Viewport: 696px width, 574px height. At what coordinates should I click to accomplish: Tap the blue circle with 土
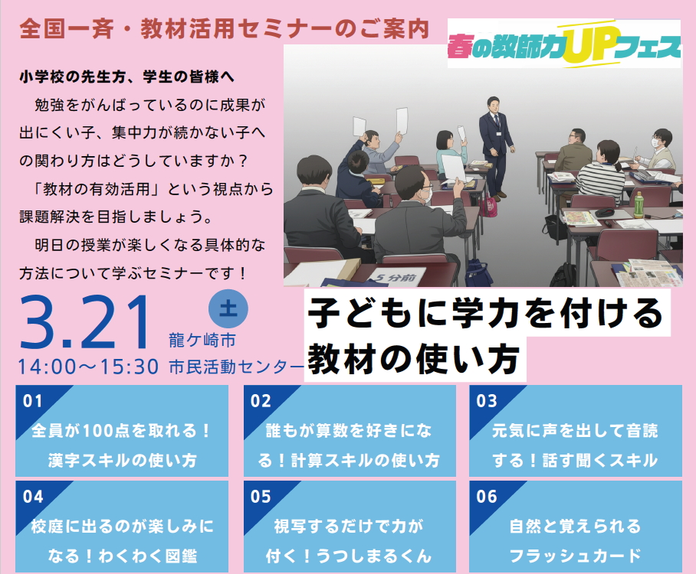point(228,308)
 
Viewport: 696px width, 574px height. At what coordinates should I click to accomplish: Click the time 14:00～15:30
point(88,367)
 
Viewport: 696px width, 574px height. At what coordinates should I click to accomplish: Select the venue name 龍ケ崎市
point(202,341)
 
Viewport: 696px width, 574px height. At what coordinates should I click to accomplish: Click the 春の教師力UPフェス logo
point(563,44)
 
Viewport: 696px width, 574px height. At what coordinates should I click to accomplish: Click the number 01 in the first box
point(33,401)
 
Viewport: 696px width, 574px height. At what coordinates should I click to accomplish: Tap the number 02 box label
point(261,401)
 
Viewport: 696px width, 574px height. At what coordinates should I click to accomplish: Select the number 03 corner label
point(487,401)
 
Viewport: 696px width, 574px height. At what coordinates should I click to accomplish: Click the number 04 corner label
point(33,497)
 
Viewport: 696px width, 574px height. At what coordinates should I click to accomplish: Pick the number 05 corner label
point(261,497)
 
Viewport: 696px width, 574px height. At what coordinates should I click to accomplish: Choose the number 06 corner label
point(487,497)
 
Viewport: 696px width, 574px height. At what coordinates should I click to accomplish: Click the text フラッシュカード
point(575,556)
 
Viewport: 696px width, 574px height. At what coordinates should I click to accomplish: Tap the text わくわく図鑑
point(148,556)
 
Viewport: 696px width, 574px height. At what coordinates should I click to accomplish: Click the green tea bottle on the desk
point(639,204)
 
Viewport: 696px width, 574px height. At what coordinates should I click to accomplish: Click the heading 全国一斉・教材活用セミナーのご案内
point(225,29)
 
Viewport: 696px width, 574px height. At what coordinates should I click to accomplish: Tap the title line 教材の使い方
point(414,359)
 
